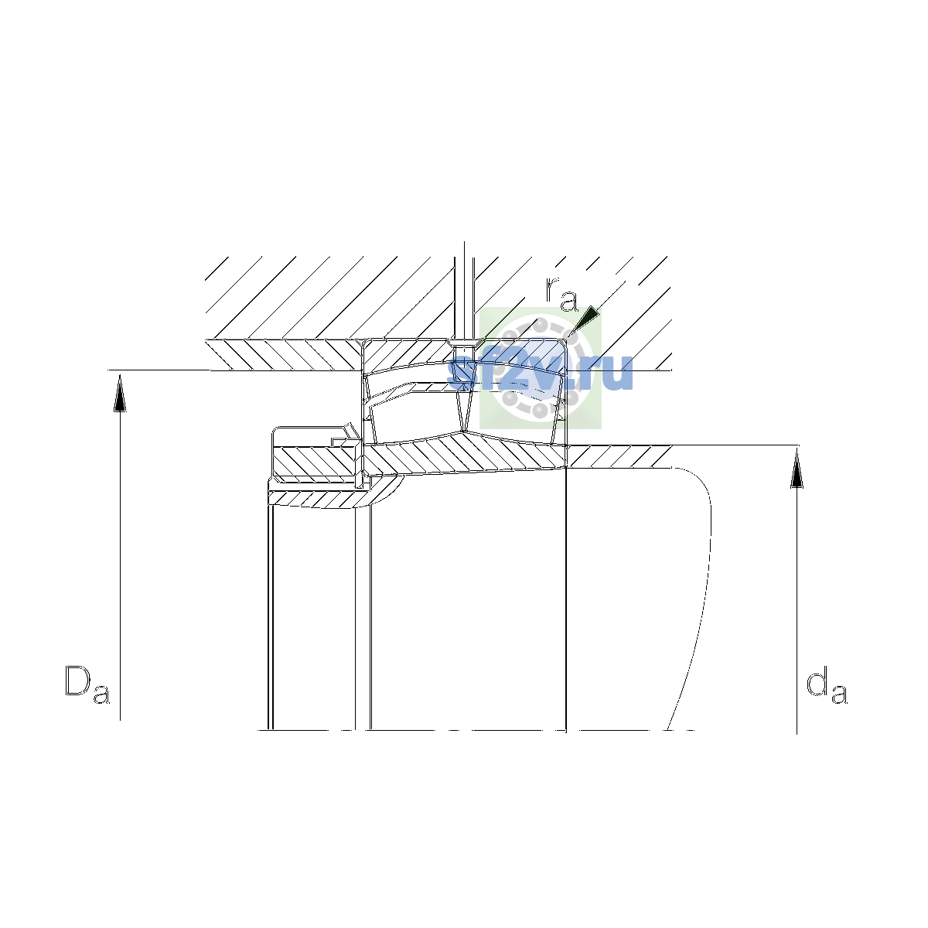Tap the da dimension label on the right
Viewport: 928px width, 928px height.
[827, 684]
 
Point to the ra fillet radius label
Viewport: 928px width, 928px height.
[561, 294]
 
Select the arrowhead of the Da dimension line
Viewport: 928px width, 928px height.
[120, 394]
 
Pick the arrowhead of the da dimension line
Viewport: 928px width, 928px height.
[797, 469]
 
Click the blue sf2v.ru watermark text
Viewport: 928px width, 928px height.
[540, 374]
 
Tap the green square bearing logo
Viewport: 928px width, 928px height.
[541, 368]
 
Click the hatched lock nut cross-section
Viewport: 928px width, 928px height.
[316, 462]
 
